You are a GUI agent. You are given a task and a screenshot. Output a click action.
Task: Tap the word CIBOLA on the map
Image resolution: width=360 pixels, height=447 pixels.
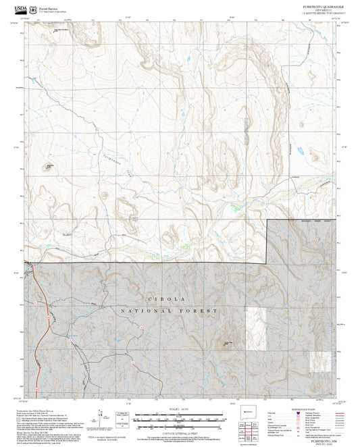164,298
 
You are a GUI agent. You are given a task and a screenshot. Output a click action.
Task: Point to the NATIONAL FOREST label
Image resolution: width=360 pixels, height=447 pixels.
170,311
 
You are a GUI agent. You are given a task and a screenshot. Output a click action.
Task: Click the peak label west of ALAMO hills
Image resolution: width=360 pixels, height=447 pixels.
49,165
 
